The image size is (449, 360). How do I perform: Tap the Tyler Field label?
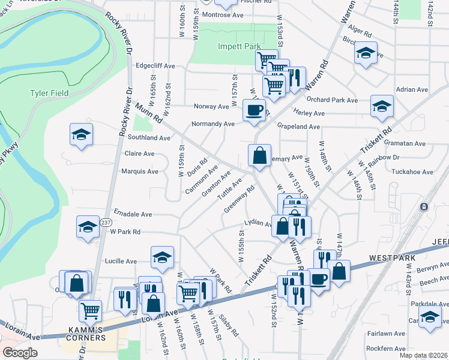49,93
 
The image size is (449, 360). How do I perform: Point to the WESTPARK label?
389,257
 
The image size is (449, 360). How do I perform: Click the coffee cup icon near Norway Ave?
253,110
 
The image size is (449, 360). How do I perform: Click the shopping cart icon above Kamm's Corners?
90,311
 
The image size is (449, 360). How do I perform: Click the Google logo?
20,353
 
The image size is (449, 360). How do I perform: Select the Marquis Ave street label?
140,171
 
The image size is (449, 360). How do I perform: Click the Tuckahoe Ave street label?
411,172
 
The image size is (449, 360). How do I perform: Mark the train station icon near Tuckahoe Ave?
424,206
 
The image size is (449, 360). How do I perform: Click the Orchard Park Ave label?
332,100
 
